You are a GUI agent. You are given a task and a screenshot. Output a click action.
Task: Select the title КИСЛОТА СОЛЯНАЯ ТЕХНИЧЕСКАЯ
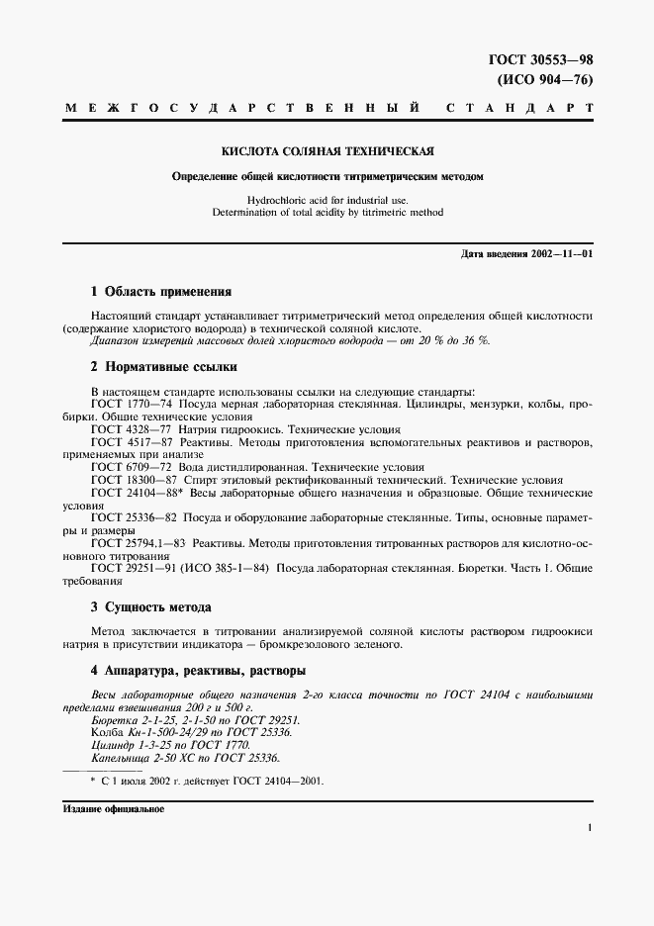[327, 151]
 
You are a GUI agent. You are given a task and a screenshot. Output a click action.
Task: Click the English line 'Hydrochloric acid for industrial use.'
[327, 199]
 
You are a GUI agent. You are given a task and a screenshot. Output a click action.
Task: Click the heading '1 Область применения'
[160, 292]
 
